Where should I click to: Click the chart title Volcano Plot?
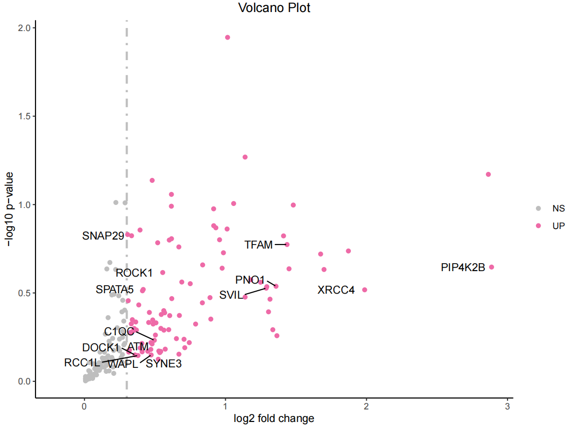point(274,8)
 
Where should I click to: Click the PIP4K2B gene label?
point(463,268)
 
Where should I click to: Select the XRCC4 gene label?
point(336,290)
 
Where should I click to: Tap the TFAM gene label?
point(258,245)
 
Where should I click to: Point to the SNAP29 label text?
point(103,236)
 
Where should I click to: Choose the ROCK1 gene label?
point(134,273)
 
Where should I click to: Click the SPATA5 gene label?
point(115,290)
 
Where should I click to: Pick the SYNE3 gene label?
point(164,364)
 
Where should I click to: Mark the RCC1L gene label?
point(82,363)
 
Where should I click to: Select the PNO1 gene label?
point(250,280)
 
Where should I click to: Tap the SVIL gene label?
point(231,295)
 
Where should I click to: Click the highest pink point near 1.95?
point(228,38)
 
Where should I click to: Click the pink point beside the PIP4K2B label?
point(491,267)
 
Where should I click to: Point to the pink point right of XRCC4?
point(365,290)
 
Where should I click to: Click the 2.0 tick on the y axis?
point(24,28)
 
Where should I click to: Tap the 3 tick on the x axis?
point(507,405)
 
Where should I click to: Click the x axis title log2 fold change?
point(274,418)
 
